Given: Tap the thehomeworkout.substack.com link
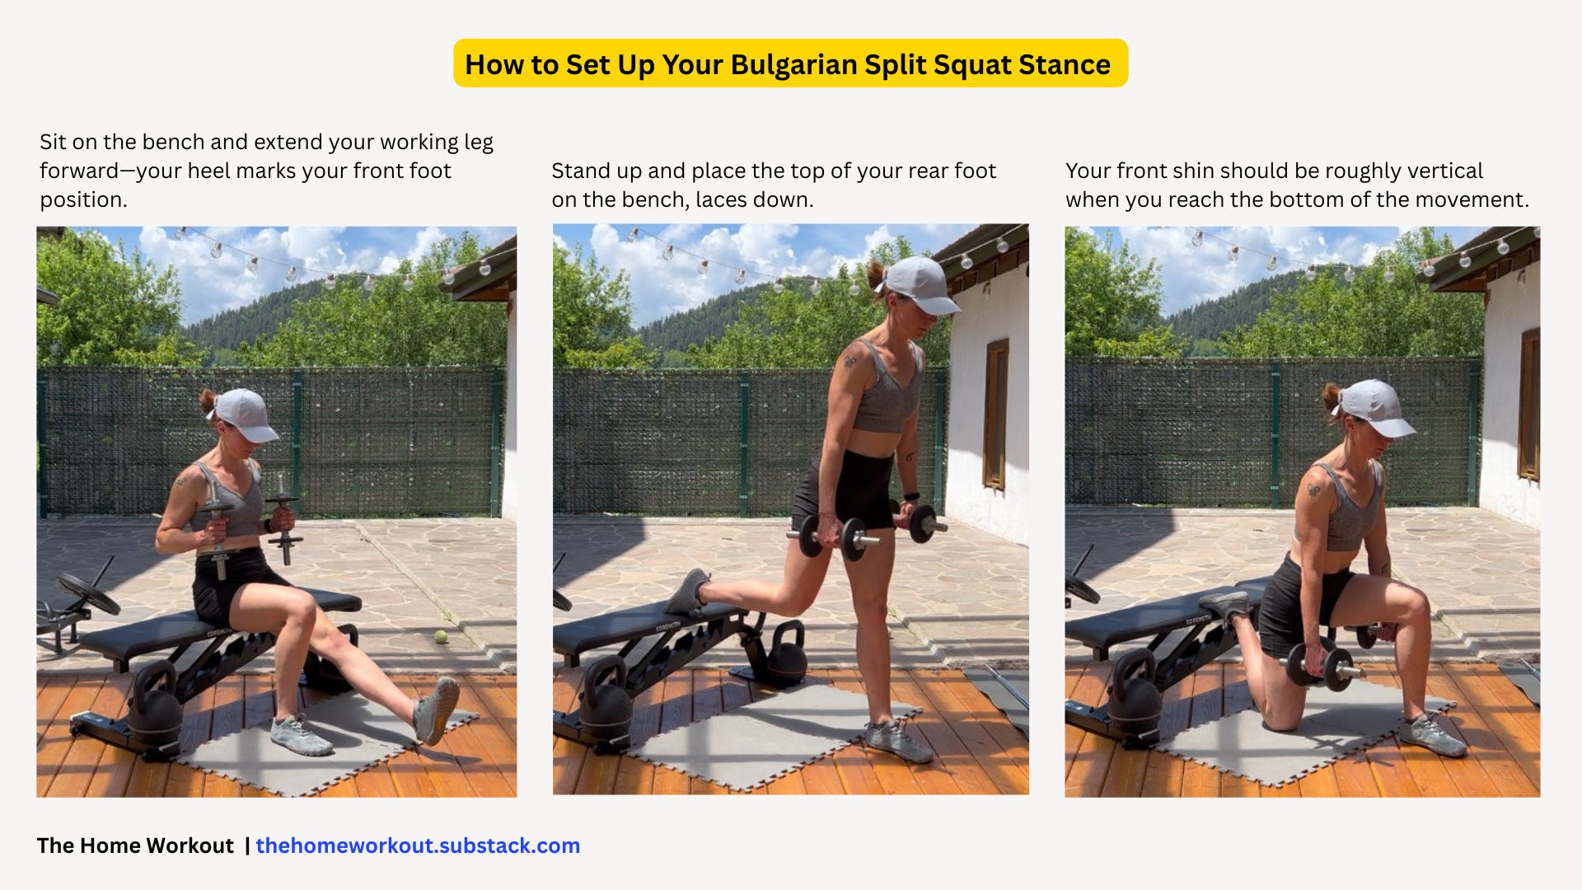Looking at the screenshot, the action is pyautogui.click(x=418, y=845).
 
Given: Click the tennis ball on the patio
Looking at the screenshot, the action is pyautogui.click(x=441, y=636).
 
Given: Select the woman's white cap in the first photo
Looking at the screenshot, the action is pyautogui.click(x=245, y=415).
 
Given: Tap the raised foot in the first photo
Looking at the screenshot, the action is pyautogui.click(x=437, y=710).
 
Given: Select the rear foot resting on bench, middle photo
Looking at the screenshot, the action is pyautogui.click(x=687, y=592).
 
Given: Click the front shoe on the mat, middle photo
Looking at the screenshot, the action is pyautogui.click(x=898, y=739).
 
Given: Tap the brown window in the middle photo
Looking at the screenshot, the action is pyautogui.click(x=996, y=413).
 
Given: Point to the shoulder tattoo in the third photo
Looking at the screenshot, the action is pyautogui.click(x=1313, y=493).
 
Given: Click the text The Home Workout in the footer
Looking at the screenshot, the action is pyautogui.click(x=135, y=845).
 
